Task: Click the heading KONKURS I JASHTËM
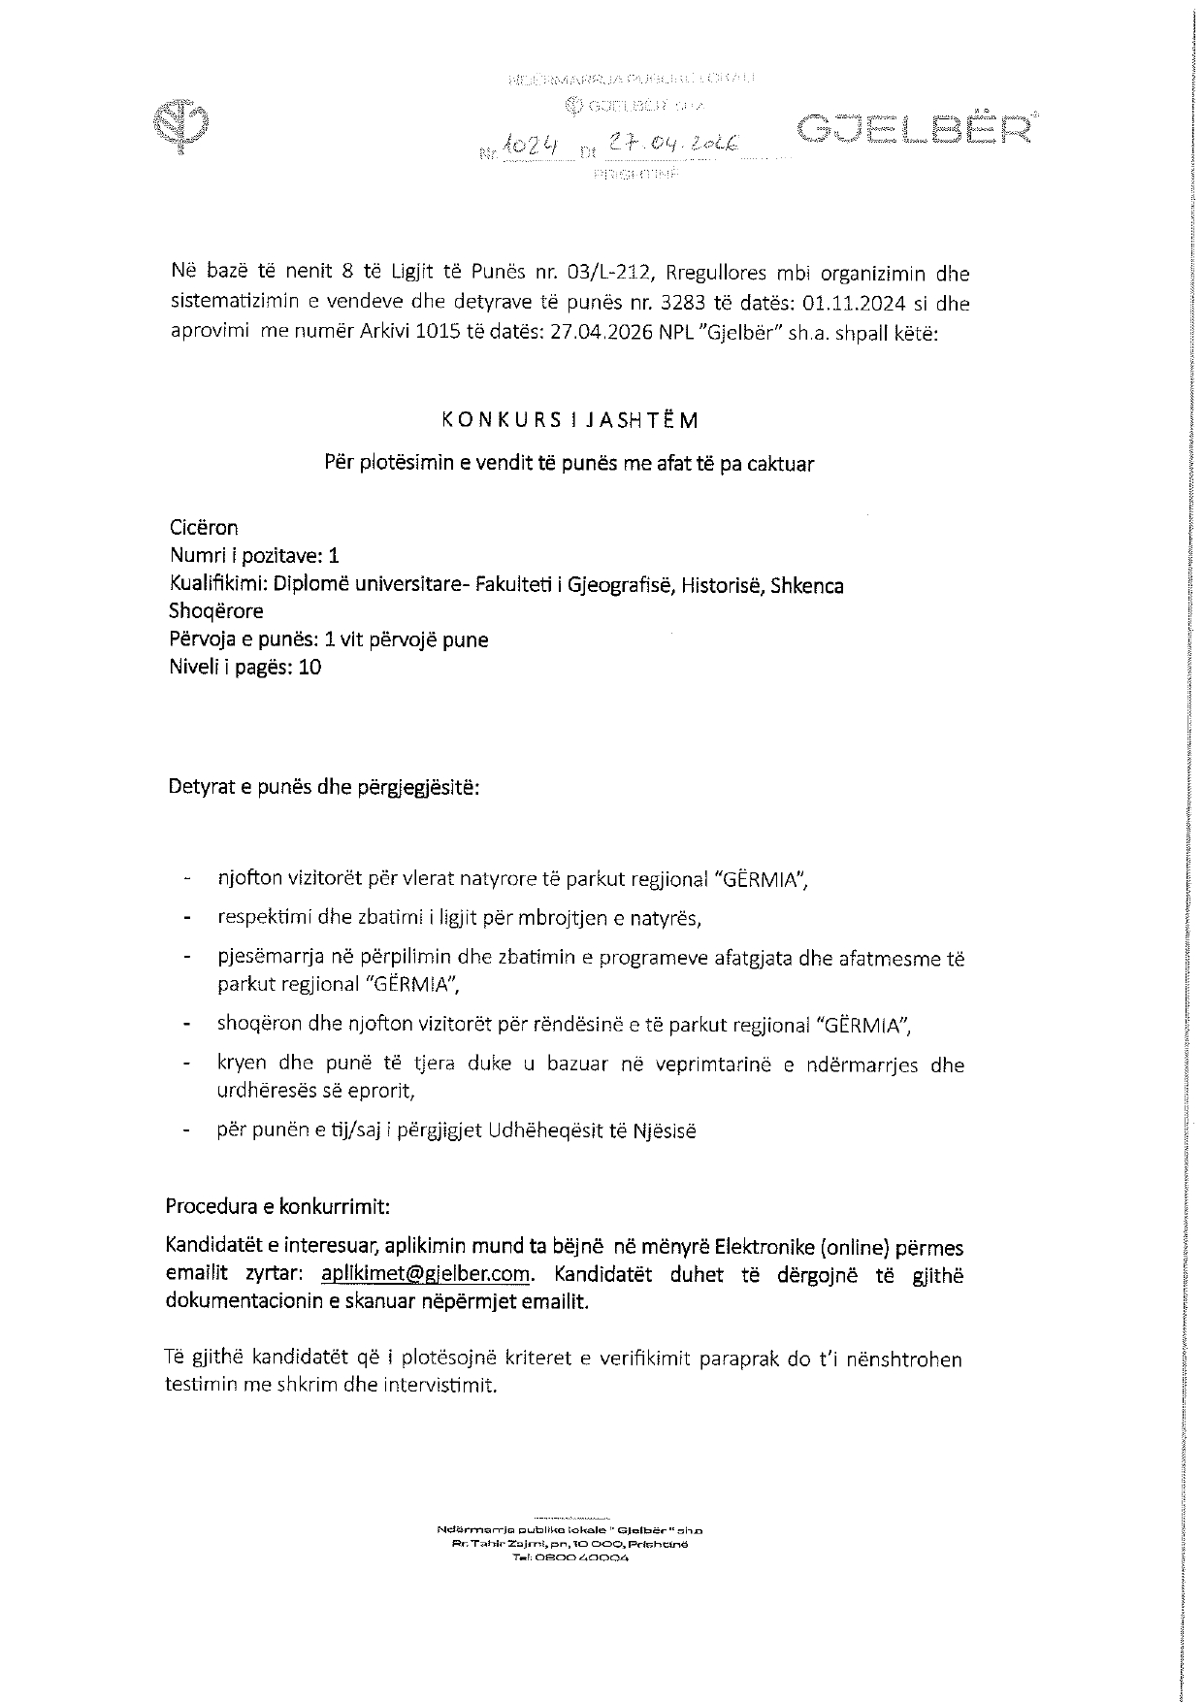pos(569,420)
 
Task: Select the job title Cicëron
pos(204,528)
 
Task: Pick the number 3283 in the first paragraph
pos(689,303)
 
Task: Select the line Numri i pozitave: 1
pos(254,556)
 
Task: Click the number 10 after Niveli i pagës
pos(310,667)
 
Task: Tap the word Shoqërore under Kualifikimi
pos(215,611)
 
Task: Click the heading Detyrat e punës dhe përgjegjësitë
pos(324,786)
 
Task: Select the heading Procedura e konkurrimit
pos(277,1207)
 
